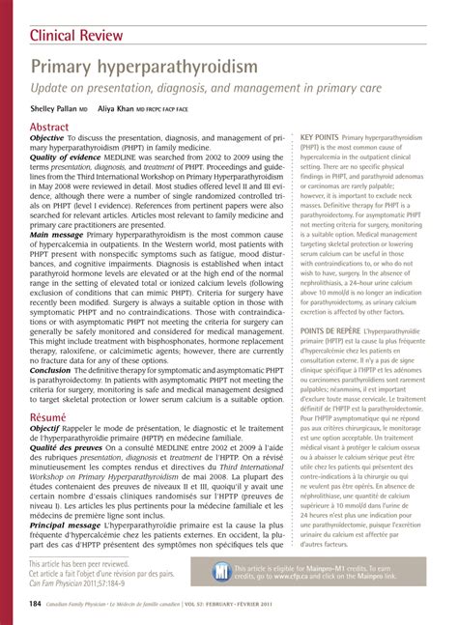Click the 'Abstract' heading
(x=49, y=127)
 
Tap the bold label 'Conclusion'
(x=50, y=370)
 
